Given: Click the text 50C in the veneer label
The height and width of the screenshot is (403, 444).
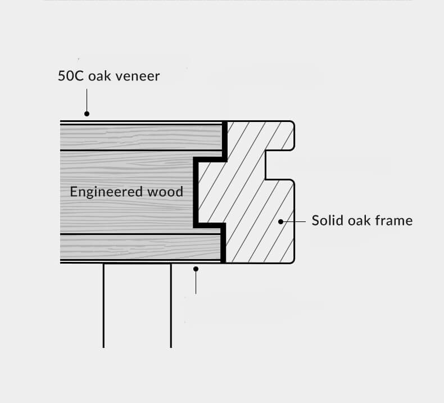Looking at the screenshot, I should [71, 75].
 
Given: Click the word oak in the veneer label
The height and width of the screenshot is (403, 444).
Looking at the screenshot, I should [99, 75].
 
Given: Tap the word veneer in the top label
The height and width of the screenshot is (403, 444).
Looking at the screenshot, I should [138, 75].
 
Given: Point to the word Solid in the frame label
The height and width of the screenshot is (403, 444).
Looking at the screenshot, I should [326, 220].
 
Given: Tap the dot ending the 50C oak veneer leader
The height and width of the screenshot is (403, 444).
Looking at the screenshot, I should [87, 114].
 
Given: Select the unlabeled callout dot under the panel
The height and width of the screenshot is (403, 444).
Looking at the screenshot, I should [196, 269].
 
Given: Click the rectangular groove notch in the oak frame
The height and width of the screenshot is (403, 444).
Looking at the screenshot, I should [279, 164].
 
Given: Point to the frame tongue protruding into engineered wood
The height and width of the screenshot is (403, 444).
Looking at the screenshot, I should [210, 192].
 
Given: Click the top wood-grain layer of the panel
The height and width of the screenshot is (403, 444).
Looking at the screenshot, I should [141, 137].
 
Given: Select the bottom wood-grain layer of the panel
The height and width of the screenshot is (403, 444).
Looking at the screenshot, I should [141, 247].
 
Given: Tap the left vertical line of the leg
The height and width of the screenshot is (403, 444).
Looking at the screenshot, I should [103, 306].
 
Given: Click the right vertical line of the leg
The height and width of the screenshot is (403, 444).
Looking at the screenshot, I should [171, 306].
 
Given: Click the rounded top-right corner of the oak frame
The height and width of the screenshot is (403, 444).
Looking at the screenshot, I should [291, 124].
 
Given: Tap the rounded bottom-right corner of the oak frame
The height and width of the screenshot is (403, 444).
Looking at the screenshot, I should [291, 260].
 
